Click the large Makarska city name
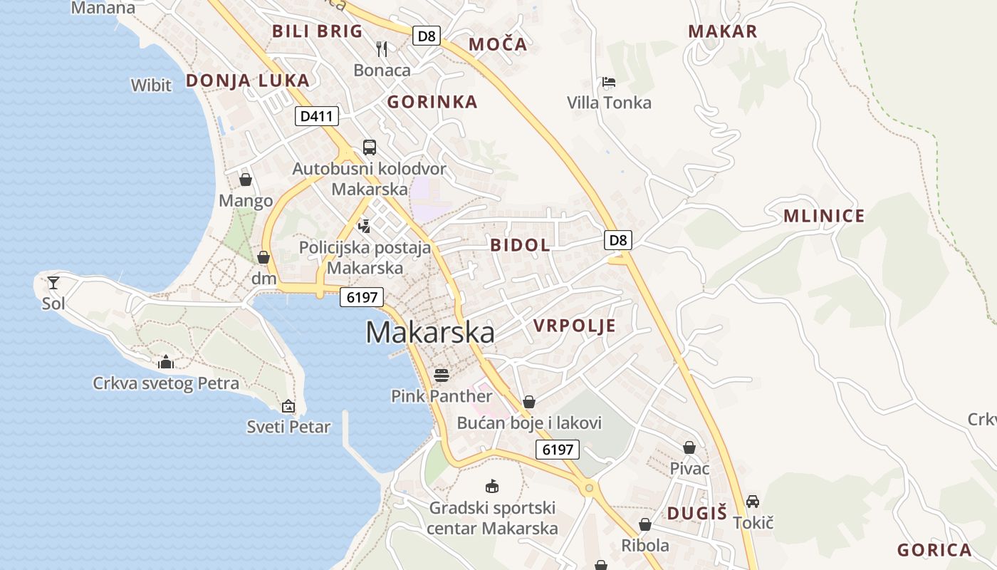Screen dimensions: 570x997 tap(430, 333)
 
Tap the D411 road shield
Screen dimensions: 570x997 tap(317, 116)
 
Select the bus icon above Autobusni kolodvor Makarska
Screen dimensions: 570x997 tap(369, 147)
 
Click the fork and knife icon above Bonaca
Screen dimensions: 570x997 tap(382, 48)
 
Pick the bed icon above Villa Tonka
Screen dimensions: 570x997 tap(608, 82)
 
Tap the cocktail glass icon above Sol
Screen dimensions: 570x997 tap(53, 283)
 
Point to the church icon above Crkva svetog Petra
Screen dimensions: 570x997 tap(166, 362)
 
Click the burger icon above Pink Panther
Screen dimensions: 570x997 tap(442, 375)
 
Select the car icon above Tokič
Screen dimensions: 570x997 tap(753, 502)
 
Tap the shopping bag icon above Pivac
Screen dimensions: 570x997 tap(689, 447)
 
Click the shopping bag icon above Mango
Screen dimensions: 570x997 tap(246, 180)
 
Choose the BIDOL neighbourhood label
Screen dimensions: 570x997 tap(520, 245)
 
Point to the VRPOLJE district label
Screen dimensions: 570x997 tap(574, 326)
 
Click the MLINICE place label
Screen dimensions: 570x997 tap(824, 216)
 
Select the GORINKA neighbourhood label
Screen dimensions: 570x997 tap(432, 102)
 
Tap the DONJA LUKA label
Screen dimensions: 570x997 tap(248, 81)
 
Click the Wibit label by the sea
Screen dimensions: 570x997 tap(151, 85)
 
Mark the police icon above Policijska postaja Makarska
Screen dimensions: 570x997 tap(365, 227)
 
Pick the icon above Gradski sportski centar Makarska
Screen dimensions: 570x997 tap(491, 487)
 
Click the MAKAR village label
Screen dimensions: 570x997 tap(723, 31)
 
